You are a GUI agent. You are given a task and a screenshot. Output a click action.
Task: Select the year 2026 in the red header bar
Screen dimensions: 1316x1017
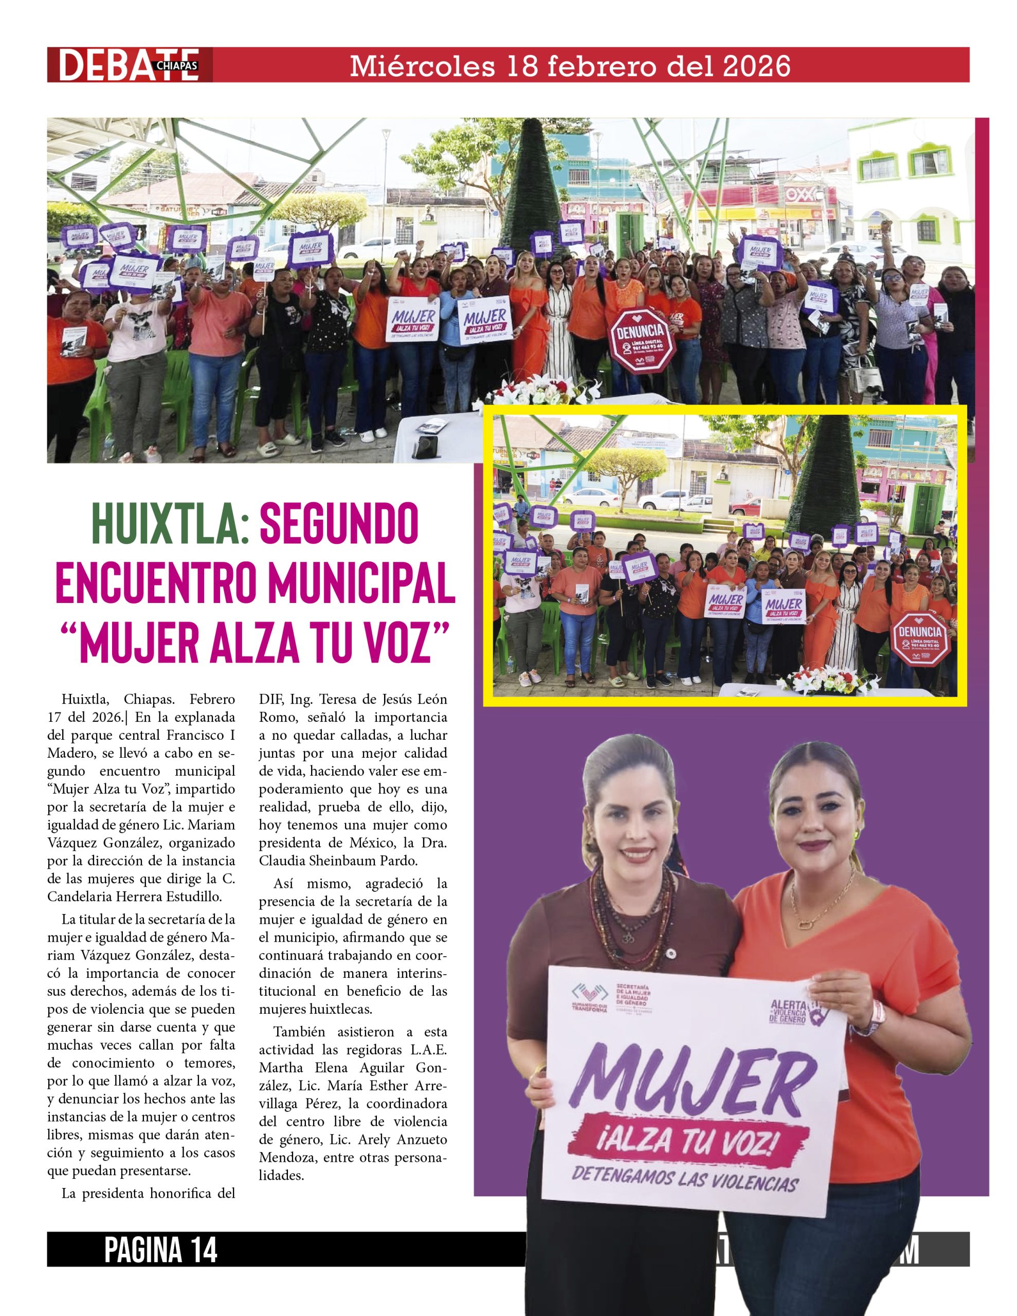click(756, 65)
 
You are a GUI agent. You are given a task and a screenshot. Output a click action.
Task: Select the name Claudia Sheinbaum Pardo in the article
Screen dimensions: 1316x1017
click(338, 861)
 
